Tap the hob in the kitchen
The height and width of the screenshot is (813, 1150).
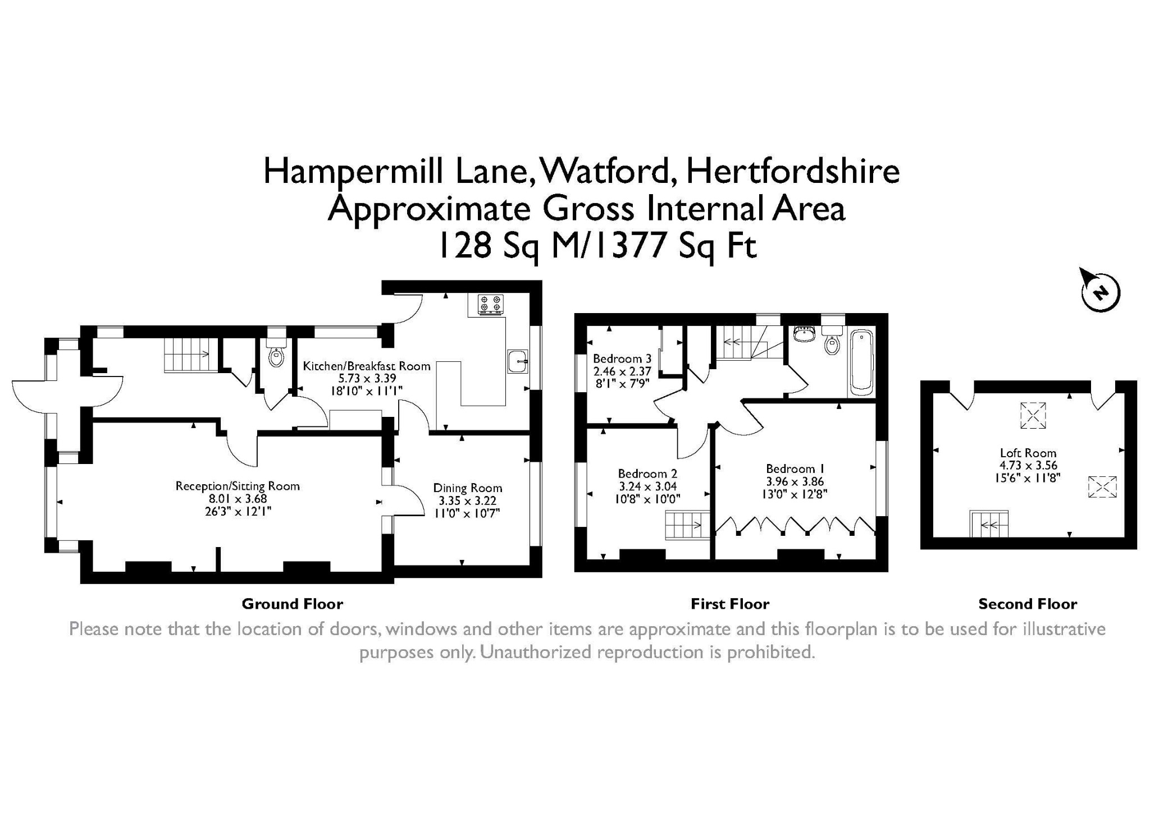click(490, 304)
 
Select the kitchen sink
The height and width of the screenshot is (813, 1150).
click(518, 361)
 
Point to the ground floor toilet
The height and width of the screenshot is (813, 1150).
click(276, 348)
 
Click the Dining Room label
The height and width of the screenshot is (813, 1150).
click(468, 488)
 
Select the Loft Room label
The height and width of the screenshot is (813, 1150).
click(1028, 453)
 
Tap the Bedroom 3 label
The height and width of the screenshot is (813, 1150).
click(622, 359)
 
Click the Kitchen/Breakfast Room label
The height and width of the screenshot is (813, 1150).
click(367, 366)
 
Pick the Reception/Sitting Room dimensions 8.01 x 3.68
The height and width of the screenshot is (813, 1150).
click(238, 499)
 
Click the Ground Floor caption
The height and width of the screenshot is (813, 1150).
click(293, 604)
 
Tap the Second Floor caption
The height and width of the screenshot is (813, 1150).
click(1028, 604)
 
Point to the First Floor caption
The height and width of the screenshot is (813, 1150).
click(730, 604)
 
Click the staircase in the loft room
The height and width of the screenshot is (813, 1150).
click(989, 524)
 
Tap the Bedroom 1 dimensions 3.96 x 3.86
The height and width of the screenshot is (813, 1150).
click(794, 481)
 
